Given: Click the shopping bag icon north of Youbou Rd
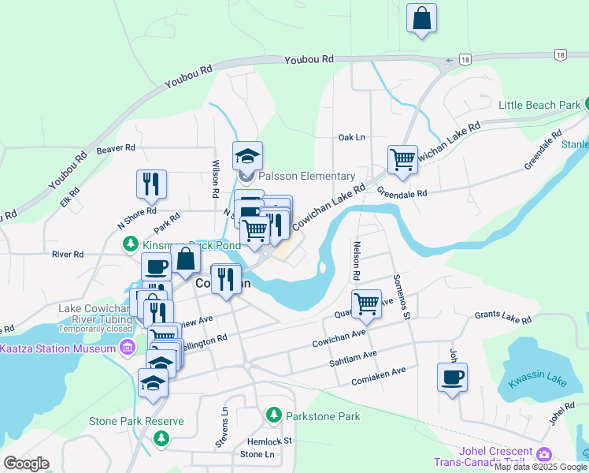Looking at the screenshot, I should point(421,18).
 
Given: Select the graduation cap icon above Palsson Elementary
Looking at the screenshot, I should point(247,156).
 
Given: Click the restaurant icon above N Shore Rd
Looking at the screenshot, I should point(150,184).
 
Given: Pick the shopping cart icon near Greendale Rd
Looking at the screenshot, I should point(402,159).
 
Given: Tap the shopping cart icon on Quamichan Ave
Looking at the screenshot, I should point(366,304).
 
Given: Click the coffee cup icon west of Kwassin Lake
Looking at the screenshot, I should point(452,378).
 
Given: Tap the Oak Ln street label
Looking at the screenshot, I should point(351,137).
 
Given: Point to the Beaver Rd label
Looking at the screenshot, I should point(116,148).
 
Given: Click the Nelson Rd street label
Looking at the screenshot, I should point(356,261).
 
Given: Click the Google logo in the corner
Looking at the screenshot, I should point(26,464).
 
